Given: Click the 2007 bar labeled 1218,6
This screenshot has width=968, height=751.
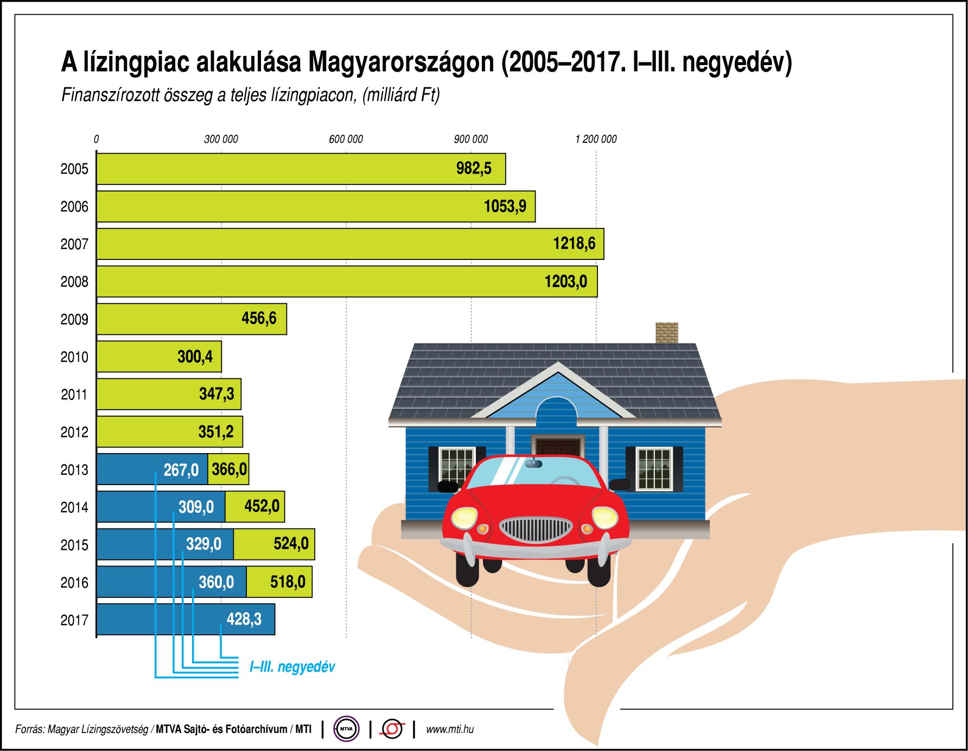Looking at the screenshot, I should click(350, 244).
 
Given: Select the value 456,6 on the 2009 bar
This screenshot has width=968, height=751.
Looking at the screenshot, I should click(259, 319).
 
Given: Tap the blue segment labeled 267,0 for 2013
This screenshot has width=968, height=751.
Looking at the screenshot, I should click(152, 469).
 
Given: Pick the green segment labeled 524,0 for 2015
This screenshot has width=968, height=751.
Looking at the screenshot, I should click(275, 544).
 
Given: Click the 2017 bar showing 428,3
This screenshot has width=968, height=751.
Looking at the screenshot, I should click(186, 619).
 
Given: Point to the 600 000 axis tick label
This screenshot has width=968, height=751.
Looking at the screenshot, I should click(346, 139).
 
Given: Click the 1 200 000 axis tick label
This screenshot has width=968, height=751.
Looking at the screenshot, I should click(596, 139).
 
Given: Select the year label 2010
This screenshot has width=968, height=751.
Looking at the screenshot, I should click(74, 357).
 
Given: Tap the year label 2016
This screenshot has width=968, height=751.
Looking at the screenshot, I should click(74, 583).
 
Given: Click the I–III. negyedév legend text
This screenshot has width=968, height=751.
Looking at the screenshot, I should click(292, 667).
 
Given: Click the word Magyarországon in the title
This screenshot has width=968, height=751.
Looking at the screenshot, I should click(402, 62).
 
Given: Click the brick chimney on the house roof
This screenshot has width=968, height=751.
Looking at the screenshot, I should click(667, 333).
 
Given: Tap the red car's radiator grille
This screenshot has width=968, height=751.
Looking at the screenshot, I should click(536, 529).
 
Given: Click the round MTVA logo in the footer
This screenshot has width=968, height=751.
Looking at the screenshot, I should click(346, 729).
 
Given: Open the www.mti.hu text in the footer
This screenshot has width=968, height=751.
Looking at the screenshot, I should click(449, 729).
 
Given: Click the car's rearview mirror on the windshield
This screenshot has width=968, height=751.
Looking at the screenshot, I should click(534, 463).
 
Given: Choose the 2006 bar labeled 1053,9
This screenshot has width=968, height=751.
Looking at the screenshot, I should click(316, 206).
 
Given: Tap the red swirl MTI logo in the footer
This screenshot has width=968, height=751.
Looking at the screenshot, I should click(392, 729).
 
